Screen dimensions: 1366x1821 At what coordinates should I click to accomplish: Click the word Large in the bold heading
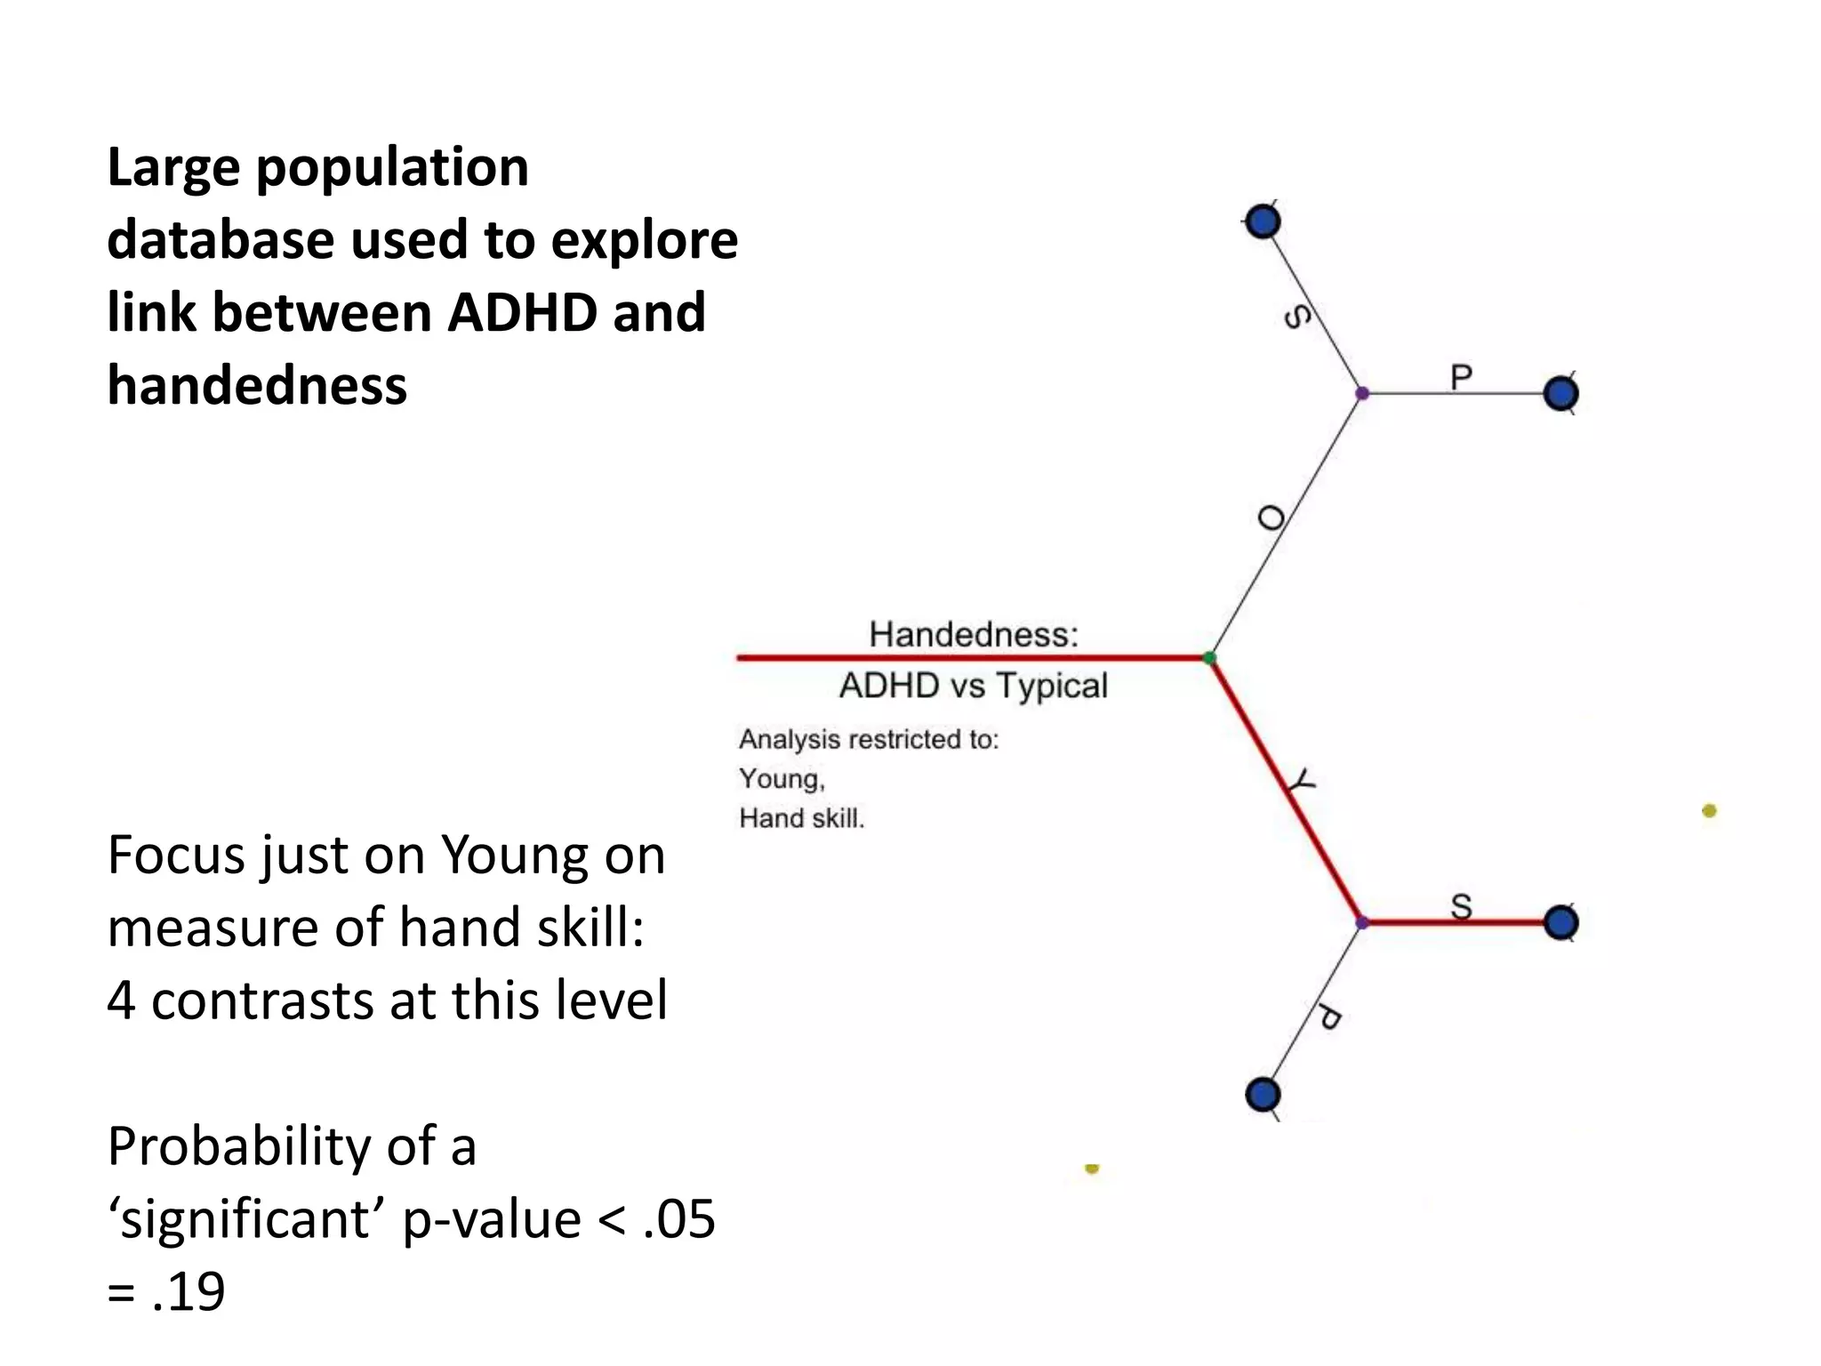pos(172,169)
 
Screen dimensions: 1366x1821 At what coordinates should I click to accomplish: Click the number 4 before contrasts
pos(121,1000)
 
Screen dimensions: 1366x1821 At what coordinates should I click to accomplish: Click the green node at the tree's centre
pos(1209,658)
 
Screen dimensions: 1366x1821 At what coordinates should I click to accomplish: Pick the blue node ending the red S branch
pos(1560,923)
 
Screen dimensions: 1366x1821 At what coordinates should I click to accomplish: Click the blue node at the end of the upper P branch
pos(1560,393)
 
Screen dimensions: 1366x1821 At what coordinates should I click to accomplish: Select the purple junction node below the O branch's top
pos(1362,393)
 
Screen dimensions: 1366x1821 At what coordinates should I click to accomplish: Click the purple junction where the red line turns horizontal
pos(1362,923)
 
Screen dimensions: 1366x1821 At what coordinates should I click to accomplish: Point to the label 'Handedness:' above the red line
pos(974,635)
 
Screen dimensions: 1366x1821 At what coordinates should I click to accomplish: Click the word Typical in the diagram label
pos(1051,686)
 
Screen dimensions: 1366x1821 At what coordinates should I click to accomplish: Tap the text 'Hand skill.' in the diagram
pos(801,818)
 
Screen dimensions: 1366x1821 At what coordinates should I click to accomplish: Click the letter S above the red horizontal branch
pos(1461,906)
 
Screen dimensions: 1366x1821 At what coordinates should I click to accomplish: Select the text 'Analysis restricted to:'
pos(869,739)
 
